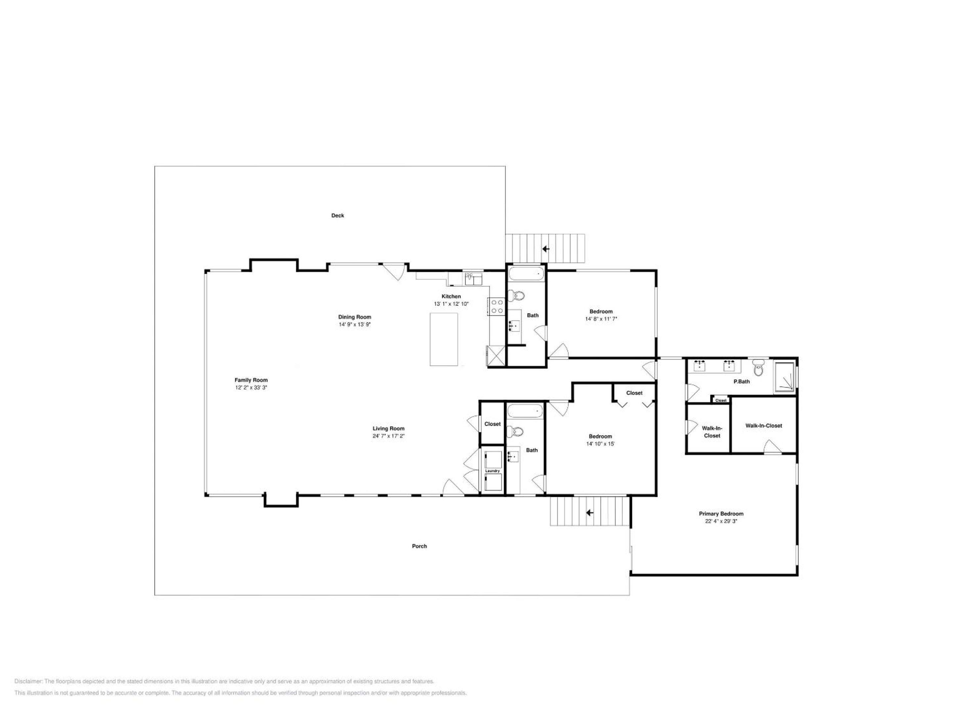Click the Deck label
coord(337,215)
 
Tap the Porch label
coord(419,546)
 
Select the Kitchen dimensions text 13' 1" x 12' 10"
coord(451,304)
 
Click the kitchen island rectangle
coord(444,340)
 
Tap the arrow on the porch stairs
coord(589,513)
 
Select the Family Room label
coord(251,380)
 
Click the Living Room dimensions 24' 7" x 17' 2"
coord(388,436)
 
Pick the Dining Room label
coord(355,317)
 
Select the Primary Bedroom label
coord(721,514)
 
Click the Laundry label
coord(492,471)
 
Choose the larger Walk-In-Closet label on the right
coord(763,426)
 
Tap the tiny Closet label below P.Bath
coord(721,401)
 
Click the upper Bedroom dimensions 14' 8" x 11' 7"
coord(601,319)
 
